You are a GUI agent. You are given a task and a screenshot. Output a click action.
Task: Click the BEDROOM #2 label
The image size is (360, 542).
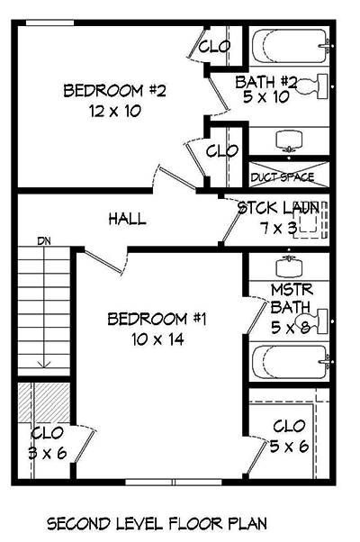point(114,91)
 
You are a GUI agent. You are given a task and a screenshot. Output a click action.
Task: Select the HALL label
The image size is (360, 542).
point(128,219)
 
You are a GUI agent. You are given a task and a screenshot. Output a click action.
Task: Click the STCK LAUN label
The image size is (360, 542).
point(277,208)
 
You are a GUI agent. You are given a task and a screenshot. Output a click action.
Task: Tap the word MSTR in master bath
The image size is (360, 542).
point(291,290)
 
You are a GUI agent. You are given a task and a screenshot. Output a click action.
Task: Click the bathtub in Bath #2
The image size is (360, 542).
point(289,47)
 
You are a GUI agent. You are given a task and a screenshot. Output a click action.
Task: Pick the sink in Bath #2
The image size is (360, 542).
point(289,140)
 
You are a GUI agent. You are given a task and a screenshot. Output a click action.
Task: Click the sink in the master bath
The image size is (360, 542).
point(289,266)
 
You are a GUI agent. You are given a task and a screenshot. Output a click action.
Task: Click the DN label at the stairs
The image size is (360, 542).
point(43,241)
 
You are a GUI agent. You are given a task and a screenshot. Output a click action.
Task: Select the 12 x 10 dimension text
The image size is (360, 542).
point(114,112)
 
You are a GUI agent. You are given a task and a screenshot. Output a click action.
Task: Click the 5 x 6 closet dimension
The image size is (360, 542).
point(290,446)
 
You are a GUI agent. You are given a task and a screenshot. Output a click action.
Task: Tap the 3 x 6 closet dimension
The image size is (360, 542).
point(46,453)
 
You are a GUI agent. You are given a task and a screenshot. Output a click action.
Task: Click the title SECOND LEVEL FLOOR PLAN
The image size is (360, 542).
point(156,523)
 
